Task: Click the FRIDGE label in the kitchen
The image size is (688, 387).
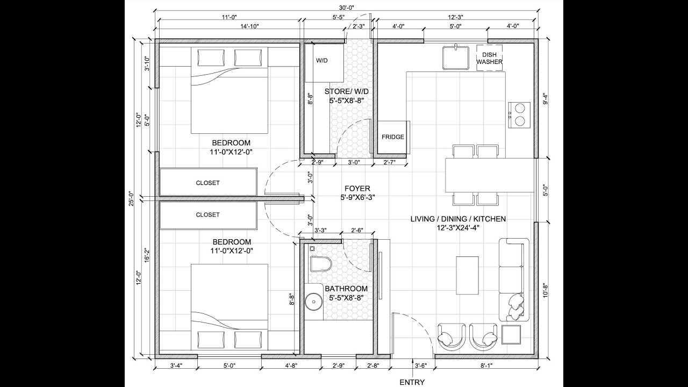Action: tap(393, 137)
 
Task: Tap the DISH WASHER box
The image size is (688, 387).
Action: tap(489, 58)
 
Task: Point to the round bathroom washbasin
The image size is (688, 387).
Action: tap(312, 303)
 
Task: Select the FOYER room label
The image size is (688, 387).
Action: tap(357, 189)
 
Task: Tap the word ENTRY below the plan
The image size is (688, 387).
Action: tap(412, 383)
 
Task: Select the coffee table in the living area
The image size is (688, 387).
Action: tap(467, 275)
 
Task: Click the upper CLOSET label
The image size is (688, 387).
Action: tap(207, 183)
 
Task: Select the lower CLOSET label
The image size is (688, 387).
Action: tap(207, 214)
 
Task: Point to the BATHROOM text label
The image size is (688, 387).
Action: tap(346, 289)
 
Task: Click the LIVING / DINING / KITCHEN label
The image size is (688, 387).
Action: tap(458, 219)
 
